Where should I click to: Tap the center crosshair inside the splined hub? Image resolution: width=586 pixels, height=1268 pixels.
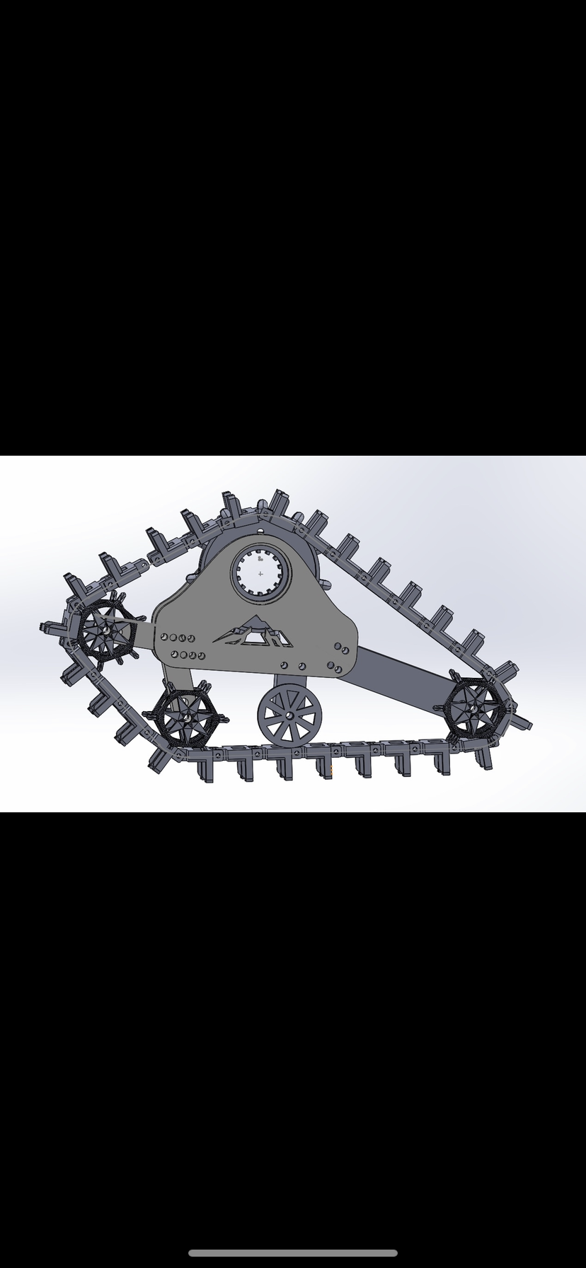[x=260, y=574]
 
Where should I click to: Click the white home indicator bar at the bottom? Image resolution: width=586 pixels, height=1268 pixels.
[x=292, y=1252]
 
